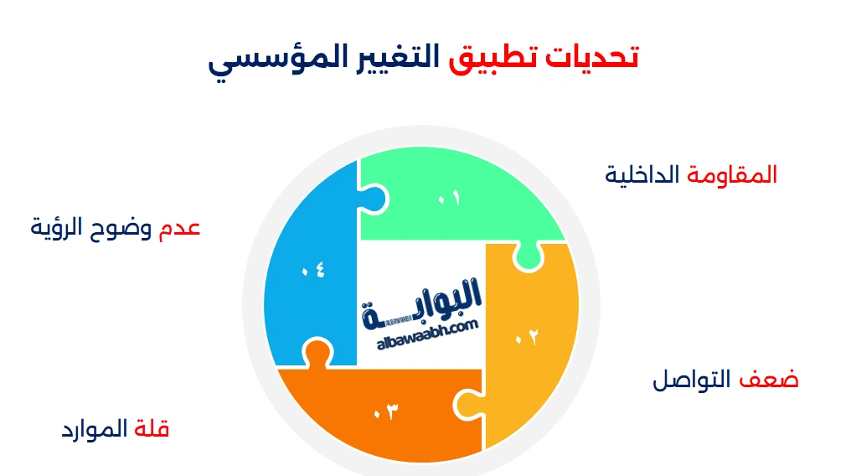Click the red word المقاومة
tap(732, 175)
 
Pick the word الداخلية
tap(642, 175)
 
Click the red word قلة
tap(152, 430)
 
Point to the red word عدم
tap(179, 228)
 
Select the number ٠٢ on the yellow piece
tap(526, 337)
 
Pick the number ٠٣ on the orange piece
tap(384, 411)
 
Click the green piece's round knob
tap(528, 259)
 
